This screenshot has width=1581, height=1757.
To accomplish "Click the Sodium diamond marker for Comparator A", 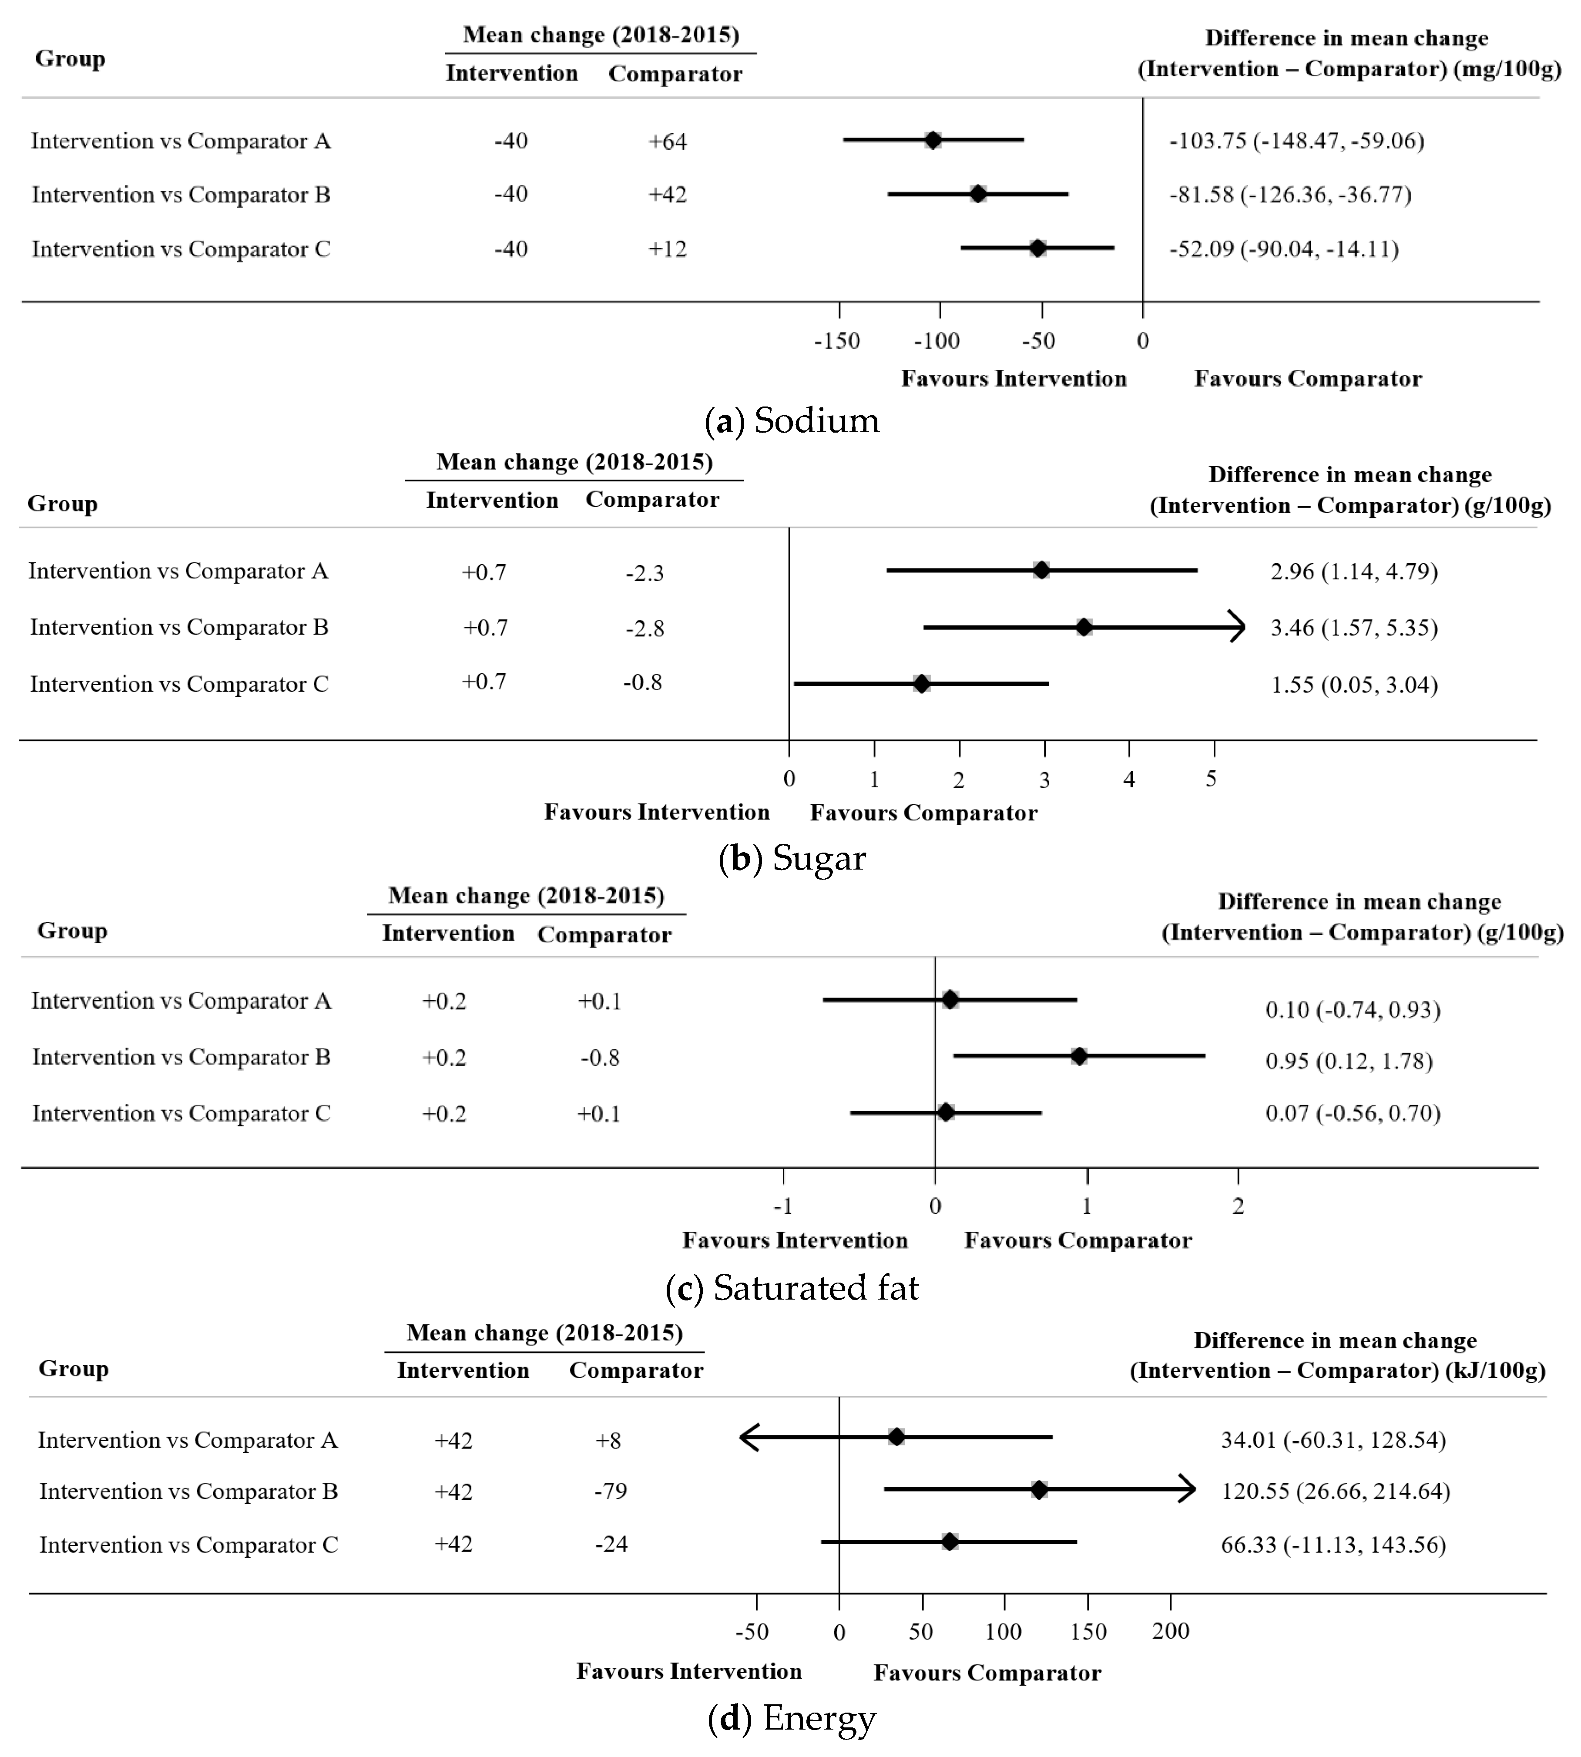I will point(932,140).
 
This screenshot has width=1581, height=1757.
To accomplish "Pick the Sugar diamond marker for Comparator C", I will point(922,684).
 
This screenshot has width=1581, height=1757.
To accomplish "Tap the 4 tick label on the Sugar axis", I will point(1128,779).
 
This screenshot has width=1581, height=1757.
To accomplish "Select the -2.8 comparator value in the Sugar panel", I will point(644,628).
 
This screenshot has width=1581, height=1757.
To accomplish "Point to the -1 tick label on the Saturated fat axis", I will point(783,1206).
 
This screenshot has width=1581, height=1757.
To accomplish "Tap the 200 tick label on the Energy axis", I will point(1170,1631).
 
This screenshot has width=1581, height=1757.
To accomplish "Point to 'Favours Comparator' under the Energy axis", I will point(987,1673).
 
